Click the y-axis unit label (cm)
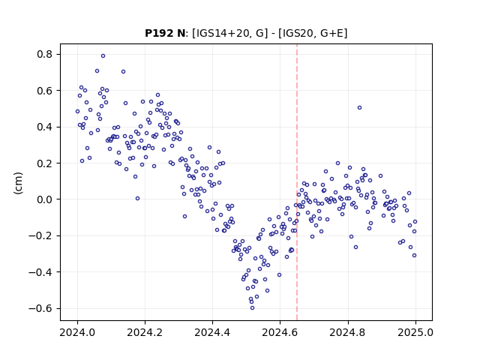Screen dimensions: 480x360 tap(18, 183)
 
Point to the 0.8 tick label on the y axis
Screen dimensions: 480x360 tap(45, 55)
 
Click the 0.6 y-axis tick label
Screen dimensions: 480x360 tap(45, 91)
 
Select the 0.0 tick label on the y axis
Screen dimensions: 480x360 tap(45, 199)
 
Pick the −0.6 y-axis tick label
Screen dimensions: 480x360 tap(40, 308)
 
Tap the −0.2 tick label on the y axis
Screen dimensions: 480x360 tap(40, 235)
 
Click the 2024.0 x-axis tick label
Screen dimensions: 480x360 tap(77, 332)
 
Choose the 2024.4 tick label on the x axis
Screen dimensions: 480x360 tap(212, 332)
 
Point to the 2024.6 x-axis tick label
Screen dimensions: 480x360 tap(280, 332)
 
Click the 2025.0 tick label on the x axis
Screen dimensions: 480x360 tap(415, 332)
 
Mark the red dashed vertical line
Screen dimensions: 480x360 tap(297, 182)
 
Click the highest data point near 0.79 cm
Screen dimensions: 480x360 tap(103, 56)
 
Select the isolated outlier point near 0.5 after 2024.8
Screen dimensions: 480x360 tap(360, 108)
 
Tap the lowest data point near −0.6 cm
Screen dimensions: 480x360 tap(252, 308)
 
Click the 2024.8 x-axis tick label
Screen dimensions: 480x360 tap(347, 332)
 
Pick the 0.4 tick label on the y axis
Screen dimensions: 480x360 tap(45, 127)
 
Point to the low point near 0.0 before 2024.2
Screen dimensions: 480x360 tap(137, 198)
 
